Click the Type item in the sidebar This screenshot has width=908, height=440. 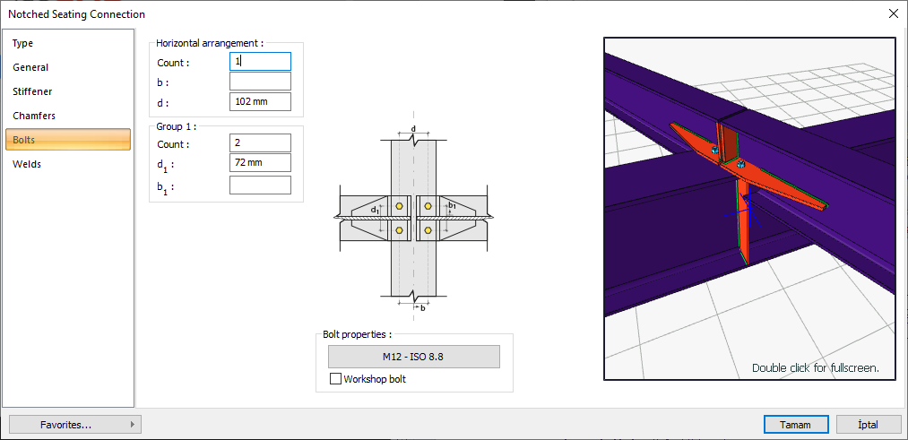click(x=23, y=43)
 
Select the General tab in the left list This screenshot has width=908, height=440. click(x=30, y=67)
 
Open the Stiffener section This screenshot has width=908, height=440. click(x=32, y=91)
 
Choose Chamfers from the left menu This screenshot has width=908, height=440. click(x=34, y=116)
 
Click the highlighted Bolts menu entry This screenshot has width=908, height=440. click(x=68, y=140)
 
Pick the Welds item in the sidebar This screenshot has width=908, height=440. click(x=27, y=164)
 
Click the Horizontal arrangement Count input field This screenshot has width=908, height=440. click(x=260, y=62)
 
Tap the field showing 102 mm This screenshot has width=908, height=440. click(x=260, y=102)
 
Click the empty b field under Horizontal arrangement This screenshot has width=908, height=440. click(x=260, y=82)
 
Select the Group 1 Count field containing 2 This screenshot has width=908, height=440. click(x=260, y=143)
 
